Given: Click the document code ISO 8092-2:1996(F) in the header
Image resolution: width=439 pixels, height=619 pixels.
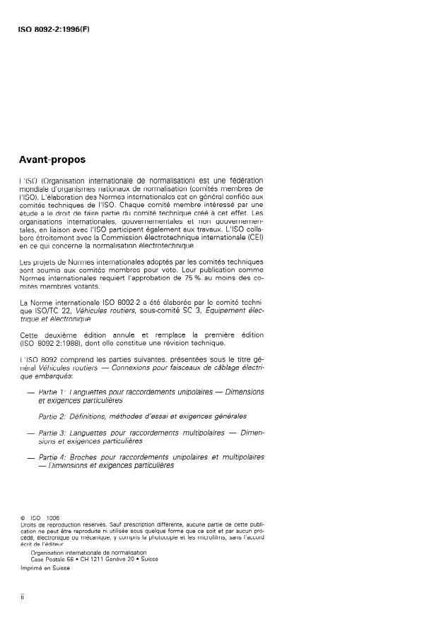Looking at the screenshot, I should click(x=54, y=29).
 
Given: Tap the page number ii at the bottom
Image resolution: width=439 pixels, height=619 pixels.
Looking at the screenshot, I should click(x=23, y=597).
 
